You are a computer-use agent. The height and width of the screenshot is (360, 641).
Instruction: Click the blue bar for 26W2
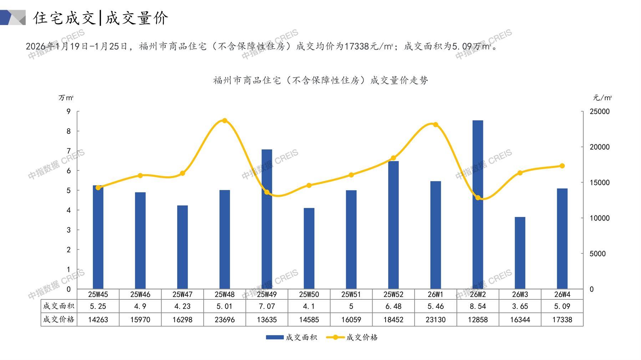click(478, 205)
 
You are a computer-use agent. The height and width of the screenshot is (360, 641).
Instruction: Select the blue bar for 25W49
click(267, 219)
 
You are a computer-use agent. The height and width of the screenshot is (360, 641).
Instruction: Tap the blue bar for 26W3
click(520, 253)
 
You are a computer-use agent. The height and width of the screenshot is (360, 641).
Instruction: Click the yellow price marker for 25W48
click(225, 120)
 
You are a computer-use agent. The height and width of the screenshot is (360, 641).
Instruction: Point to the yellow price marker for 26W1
click(436, 124)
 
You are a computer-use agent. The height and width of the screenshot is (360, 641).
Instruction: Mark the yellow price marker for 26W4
click(562, 166)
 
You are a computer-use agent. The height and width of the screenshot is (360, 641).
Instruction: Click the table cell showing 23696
click(225, 320)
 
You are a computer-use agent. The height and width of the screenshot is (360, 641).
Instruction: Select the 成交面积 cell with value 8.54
click(478, 306)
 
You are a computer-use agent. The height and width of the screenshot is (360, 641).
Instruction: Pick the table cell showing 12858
click(478, 320)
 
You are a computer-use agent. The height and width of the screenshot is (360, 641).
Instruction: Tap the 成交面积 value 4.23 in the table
click(182, 306)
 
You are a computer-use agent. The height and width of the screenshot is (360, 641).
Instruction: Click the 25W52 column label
click(393, 294)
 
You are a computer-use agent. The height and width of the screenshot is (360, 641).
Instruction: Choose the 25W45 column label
click(98, 294)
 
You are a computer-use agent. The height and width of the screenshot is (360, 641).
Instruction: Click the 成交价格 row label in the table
click(59, 319)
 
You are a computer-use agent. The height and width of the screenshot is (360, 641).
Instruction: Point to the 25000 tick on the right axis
click(600, 112)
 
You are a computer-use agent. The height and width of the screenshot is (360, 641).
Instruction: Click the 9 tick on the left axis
click(69, 112)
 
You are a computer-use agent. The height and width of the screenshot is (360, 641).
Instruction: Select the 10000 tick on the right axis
click(600, 218)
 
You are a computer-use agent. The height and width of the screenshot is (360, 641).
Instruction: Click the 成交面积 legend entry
click(291, 337)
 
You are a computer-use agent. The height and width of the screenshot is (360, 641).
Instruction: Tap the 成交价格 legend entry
click(352, 337)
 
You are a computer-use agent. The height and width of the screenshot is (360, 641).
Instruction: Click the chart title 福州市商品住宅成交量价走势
click(320, 80)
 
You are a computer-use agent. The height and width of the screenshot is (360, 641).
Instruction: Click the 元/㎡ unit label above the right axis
click(602, 98)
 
